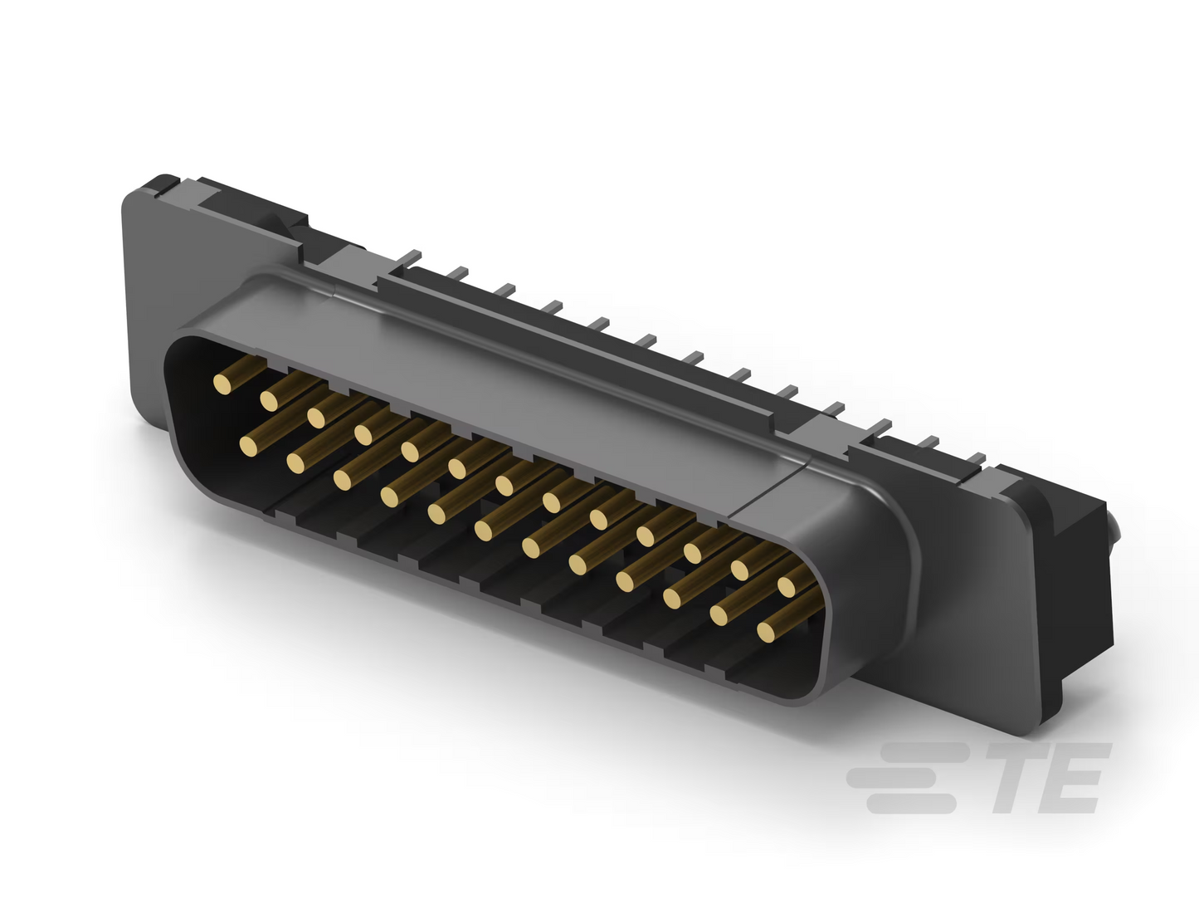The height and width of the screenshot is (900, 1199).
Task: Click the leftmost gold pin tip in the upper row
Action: [222, 384]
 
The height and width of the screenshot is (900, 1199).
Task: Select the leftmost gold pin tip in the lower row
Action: [249, 447]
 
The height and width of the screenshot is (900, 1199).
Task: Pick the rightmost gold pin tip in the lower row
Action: [767, 632]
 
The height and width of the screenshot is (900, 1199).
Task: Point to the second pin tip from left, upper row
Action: [270, 401]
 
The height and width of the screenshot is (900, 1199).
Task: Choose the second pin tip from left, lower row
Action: [295, 463]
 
